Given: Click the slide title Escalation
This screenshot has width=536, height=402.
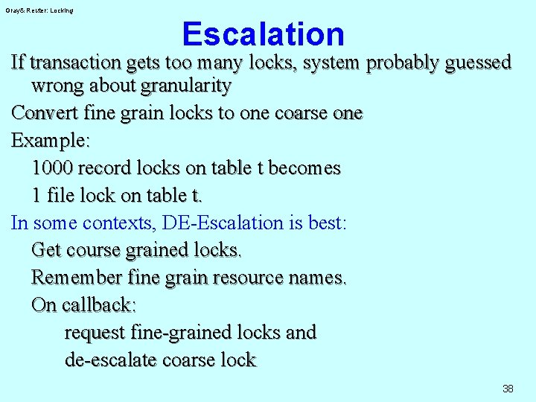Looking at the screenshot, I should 263,34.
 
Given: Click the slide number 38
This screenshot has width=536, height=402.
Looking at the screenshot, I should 508,389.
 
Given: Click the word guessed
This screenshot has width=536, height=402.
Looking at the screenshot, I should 478,62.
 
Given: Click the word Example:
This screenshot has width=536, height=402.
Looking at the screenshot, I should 48,141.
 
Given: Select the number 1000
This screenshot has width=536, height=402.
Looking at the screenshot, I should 52,168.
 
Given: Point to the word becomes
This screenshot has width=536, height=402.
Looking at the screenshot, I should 304,168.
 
